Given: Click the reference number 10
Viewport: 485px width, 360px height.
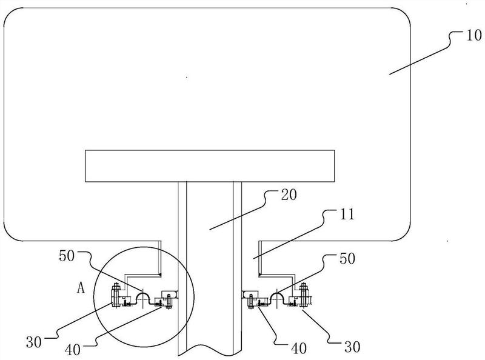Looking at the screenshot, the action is [x=473, y=35].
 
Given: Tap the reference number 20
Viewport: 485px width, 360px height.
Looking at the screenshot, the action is [x=289, y=195].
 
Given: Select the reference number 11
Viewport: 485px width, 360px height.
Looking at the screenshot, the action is [x=347, y=214].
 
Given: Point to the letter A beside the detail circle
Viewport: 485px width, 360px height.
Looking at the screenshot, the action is [x=81, y=288].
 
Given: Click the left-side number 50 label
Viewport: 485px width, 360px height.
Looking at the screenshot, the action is [x=67, y=256].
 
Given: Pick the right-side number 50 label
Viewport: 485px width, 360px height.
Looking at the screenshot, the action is [x=347, y=259].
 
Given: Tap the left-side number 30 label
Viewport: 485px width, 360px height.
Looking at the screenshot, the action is [x=34, y=342].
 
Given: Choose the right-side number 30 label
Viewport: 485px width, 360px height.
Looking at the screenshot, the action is [x=352, y=347].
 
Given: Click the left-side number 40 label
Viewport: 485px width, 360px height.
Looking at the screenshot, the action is [x=73, y=350].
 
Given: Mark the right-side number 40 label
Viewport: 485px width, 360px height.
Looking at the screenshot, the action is [x=299, y=348].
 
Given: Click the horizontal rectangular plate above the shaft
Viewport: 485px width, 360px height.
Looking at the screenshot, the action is [x=210, y=166].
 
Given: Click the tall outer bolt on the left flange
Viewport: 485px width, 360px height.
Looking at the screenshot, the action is [x=116, y=295].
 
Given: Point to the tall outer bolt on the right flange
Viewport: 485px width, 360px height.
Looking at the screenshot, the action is [x=303, y=295].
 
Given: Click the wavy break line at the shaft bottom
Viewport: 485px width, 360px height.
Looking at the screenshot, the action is [x=210, y=350].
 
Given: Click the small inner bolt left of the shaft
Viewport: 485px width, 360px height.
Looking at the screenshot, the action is [x=169, y=301].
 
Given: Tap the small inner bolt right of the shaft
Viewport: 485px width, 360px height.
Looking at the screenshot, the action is [x=250, y=302].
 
